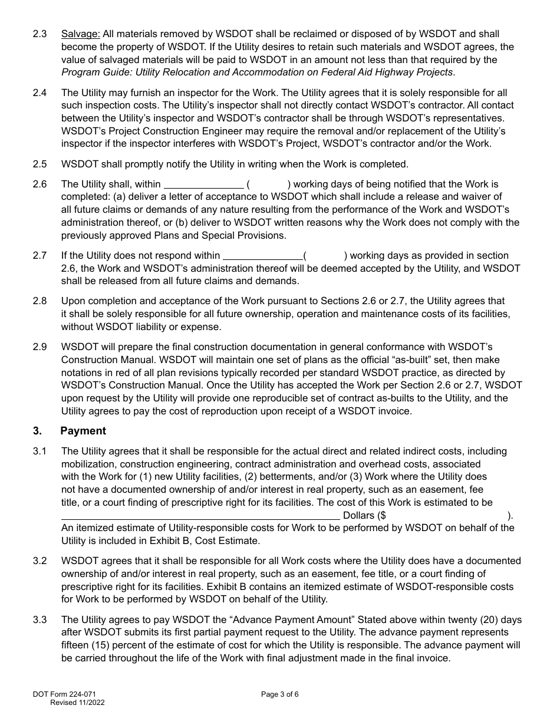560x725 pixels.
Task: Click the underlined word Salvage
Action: point(81,34)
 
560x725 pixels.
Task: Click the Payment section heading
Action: point(83,431)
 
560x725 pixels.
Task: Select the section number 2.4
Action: point(39,93)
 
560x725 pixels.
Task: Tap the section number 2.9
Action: point(39,347)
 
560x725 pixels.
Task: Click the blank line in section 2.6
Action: point(203,185)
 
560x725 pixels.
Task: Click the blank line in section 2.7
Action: point(262,256)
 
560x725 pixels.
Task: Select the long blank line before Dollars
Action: point(200,516)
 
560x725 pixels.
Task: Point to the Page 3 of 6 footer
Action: point(280,694)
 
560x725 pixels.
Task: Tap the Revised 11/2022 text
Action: point(78,703)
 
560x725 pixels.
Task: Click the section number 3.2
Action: point(39,561)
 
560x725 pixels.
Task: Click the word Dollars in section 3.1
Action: point(358,516)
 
